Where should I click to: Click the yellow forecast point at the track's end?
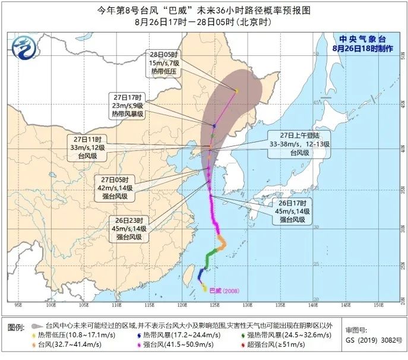point(236,91)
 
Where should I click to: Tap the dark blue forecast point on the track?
point(214,126)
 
